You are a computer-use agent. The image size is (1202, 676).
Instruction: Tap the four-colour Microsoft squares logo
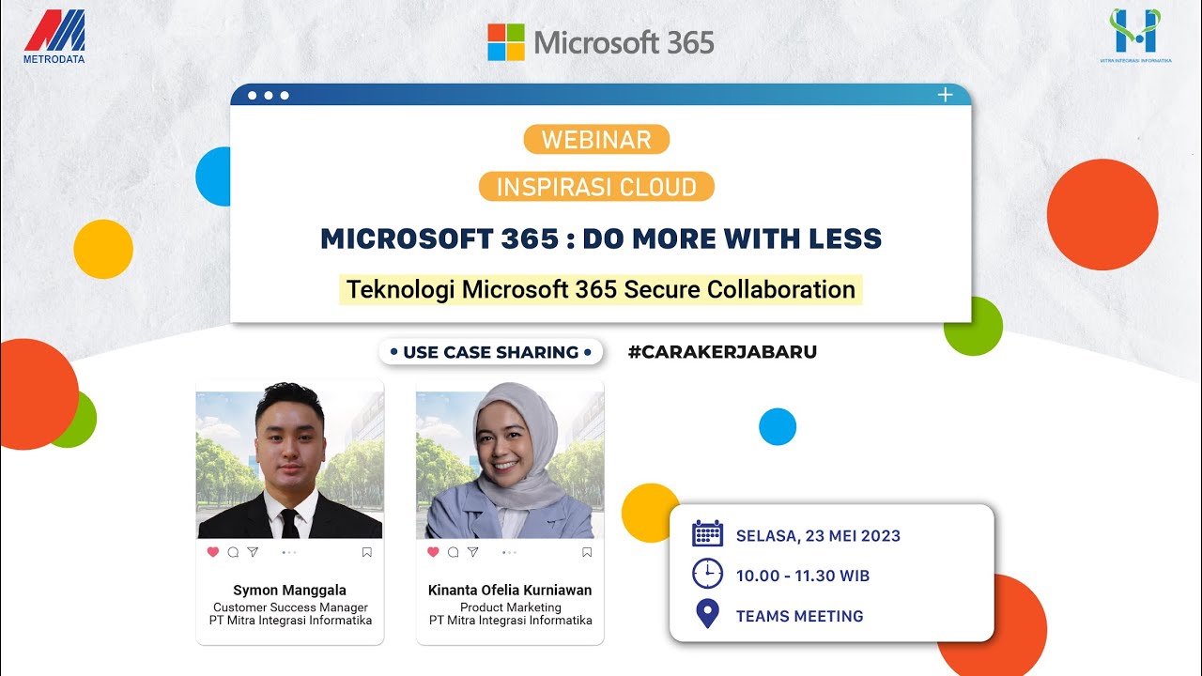pyautogui.click(x=505, y=42)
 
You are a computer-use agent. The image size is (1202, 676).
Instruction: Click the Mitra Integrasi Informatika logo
pyautogui.click(x=1134, y=34)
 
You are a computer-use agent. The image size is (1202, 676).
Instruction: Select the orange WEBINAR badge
pyautogui.click(x=596, y=140)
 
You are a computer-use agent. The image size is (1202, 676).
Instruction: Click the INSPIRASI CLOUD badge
pyautogui.click(x=596, y=187)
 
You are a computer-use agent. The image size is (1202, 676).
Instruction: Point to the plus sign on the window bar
pyautogui.click(x=945, y=95)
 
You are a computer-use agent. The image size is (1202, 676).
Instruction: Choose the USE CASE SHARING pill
pyautogui.click(x=490, y=352)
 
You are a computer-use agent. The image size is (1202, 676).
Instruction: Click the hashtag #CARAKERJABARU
pyautogui.click(x=722, y=352)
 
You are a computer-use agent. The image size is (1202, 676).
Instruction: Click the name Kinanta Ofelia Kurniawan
pyautogui.click(x=510, y=591)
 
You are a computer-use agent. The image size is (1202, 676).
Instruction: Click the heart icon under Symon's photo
pyautogui.click(x=212, y=552)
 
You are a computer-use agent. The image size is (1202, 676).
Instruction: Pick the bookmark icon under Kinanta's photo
pyautogui.click(x=587, y=552)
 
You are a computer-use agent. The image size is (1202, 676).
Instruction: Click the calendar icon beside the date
pyautogui.click(x=707, y=533)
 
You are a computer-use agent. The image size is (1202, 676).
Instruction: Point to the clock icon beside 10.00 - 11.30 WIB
pyautogui.click(x=707, y=574)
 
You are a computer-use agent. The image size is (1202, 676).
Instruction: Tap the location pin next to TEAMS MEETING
pyautogui.click(x=707, y=615)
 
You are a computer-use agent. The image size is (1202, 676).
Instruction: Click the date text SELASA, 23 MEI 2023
pyautogui.click(x=818, y=536)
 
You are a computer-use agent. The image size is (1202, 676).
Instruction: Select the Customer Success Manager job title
pyautogui.click(x=290, y=607)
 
